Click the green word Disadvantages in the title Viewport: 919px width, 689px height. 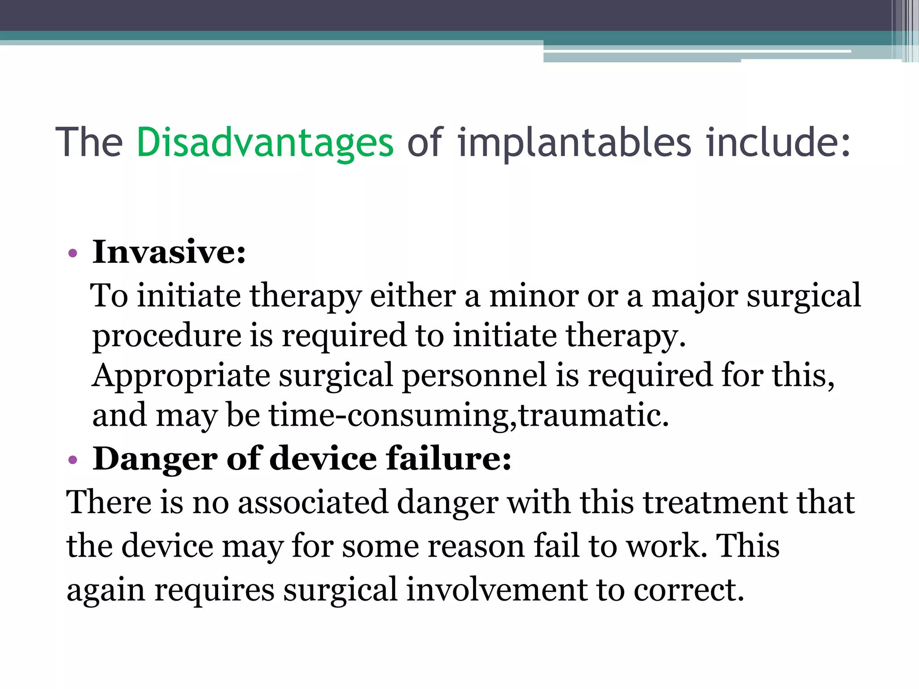(x=265, y=143)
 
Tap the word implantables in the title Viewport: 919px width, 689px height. (x=574, y=143)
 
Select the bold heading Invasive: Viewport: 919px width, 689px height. (x=169, y=252)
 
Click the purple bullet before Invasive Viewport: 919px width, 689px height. (x=73, y=254)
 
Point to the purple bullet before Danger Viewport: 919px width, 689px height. (x=73, y=460)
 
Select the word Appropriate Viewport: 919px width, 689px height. (x=181, y=376)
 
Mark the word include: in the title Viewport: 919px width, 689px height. (x=778, y=143)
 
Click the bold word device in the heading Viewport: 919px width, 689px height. (x=323, y=458)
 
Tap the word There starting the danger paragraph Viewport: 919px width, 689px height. (x=109, y=502)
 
